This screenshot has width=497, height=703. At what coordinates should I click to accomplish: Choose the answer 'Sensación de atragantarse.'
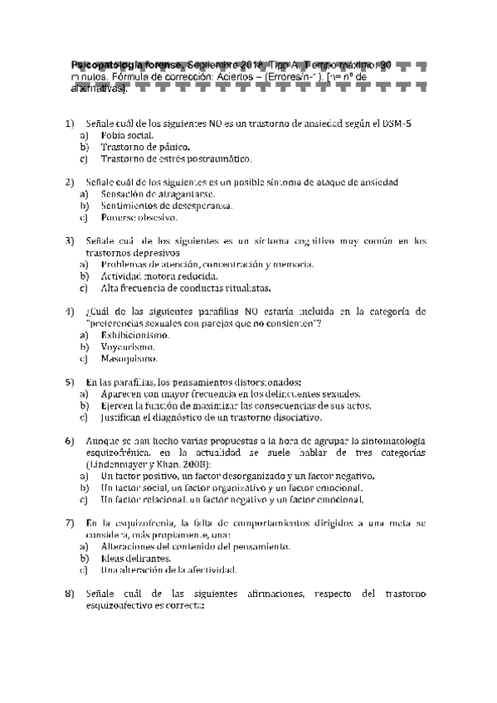[x=151, y=193]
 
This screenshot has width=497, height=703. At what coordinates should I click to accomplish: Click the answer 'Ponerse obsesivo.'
[x=138, y=217]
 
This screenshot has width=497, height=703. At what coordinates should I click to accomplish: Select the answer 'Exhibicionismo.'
[x=135, y=335]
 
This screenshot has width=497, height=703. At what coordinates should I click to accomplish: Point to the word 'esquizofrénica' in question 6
[x=120, y=453]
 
